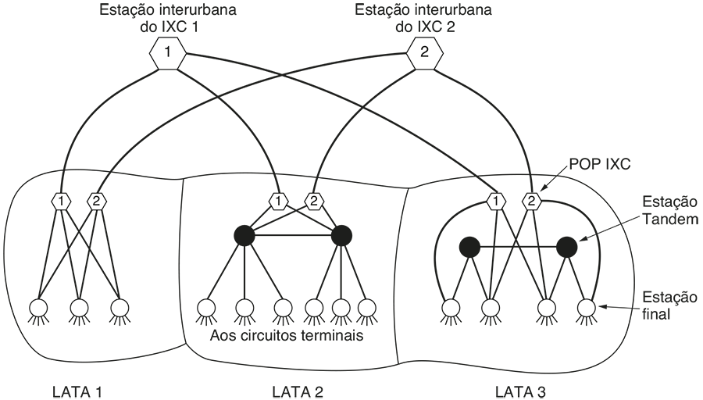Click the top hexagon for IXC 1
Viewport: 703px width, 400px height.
click(x=167, y=54)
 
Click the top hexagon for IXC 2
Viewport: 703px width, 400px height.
click(x=424, y=54)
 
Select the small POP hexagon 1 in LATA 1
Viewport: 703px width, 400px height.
click(x=60, y=202)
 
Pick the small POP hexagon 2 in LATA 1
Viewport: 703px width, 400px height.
click(x=96, y=202)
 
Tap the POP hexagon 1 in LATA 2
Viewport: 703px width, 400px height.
click(x=278, y=202)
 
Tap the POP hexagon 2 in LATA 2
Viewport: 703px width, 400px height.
click(x=313, y=202)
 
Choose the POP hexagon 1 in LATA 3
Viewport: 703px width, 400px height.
click(x=495, y=202)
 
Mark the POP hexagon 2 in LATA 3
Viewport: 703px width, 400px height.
click(x=531, y=202)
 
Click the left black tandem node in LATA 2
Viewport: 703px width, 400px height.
click(x=245, y=234)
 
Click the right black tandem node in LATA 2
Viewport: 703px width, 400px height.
click(x=342, y=234)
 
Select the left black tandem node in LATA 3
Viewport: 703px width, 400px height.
click(x=469, y=247)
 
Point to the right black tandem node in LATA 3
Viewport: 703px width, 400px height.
click(x=566, y=247)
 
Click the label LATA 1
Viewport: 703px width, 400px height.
click(x=77, y=391)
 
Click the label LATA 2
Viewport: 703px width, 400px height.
click(x=297, y=391)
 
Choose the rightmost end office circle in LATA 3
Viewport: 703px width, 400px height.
click(x=586, y=306)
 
